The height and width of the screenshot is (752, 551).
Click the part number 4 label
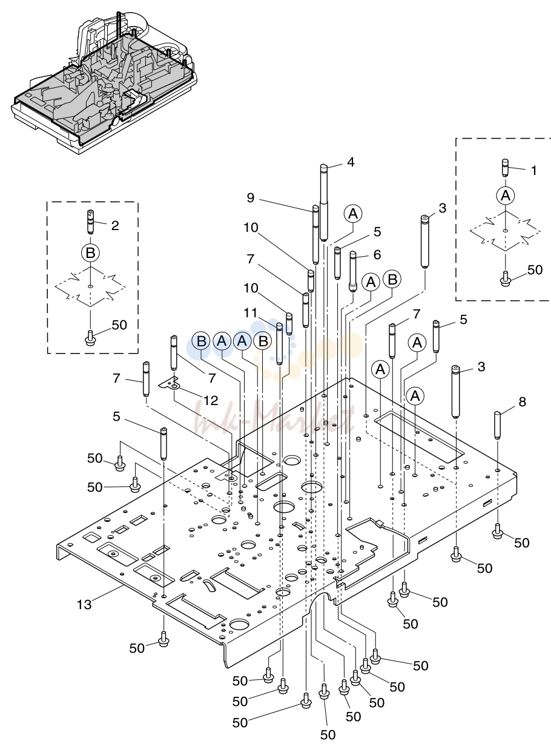coord(351,162)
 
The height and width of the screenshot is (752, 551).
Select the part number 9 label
coord(251,198)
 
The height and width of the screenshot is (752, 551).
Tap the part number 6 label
coord(377,254)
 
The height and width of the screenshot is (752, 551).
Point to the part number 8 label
coord(522,401)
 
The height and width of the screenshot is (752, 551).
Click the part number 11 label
coord(251,313)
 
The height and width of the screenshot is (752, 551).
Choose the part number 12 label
coord(211,400)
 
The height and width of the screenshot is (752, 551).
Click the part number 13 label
coord(84,604)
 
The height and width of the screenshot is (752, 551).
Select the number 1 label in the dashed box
coord(533,171)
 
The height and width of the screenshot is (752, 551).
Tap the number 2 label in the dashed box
coord(115,225)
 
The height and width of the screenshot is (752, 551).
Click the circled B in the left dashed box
coord(90,252)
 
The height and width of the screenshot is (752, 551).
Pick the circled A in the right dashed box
coord(506,196)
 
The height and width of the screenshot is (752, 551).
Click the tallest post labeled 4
coord(323,202)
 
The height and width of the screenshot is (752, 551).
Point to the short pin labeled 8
coord(497,425)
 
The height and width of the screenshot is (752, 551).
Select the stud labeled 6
coord(352,272)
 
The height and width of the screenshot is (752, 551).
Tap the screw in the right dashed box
coord(505,279)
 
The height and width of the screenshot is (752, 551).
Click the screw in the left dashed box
coord(90,337)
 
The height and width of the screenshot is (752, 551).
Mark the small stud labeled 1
coord(506,167)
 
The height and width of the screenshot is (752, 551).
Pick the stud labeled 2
coord(90,222)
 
